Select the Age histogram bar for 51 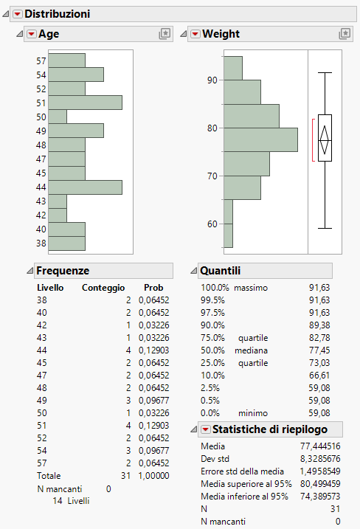click(x=85, y=103)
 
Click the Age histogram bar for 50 click(x=58, y=117)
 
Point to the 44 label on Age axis click(x=41, y=187)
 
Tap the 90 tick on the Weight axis click(x=212, y=80)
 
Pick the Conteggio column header click(x=103, y=288)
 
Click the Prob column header click(x=153, y=288)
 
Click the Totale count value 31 click(x=125, y=476)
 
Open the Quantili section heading click(x=220, y=271)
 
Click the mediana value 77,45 click(x=319, y=350)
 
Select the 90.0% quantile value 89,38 click(x=319, y=325)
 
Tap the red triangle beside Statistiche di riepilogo click(x=205, y=429)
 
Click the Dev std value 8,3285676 click(x=320, y=458)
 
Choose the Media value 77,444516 click(x=320, y=446)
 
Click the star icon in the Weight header click(x=344, y=34)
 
